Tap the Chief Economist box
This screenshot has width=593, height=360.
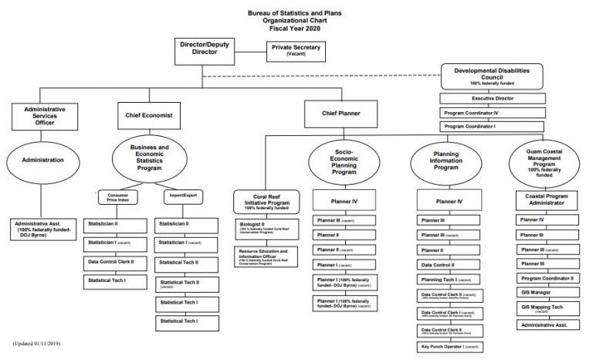coord(148,116)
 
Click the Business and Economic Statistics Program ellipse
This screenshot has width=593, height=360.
coord(148,158)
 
